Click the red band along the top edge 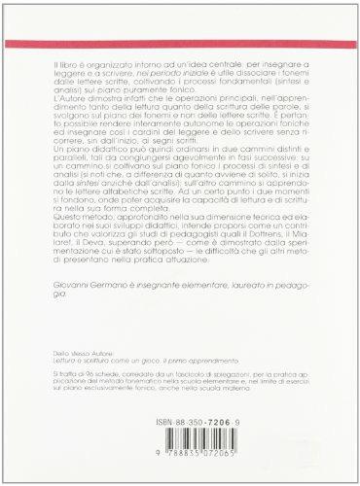180,5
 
